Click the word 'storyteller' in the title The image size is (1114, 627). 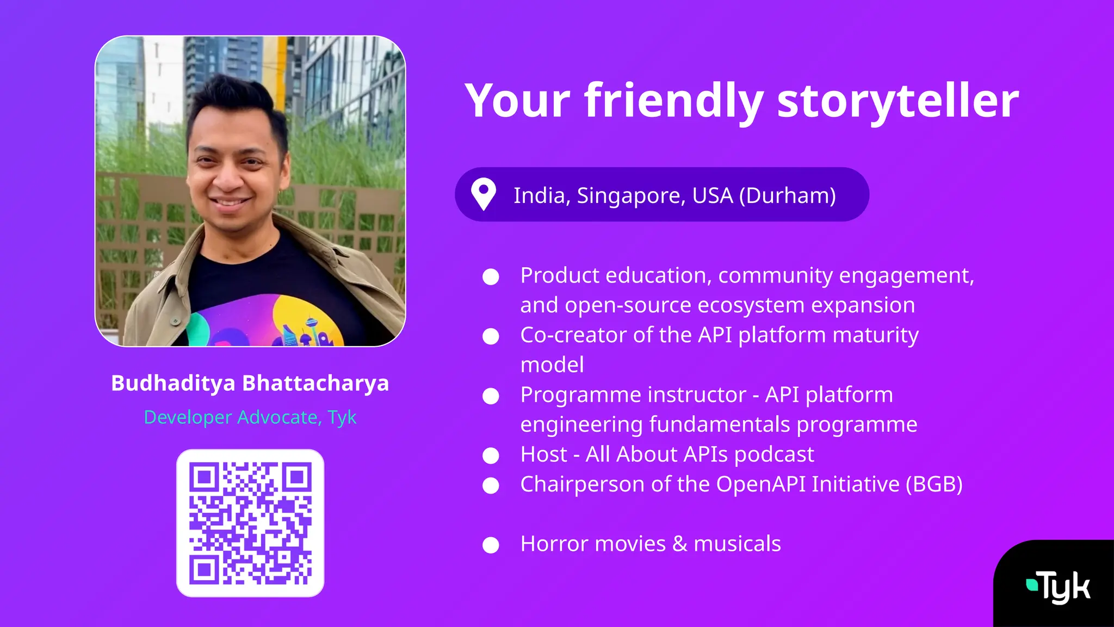(898, 101)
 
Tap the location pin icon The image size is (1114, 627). (483, 194)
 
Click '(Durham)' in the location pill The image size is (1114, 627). (787, 195)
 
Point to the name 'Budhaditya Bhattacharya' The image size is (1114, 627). (250, 383)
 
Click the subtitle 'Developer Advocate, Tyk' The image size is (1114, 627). (250, 417)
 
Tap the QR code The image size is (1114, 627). (250, 523)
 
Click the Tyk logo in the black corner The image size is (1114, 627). (1058, 587)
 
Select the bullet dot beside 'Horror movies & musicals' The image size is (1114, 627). (491, 545)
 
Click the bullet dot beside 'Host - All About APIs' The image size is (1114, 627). (491, 456)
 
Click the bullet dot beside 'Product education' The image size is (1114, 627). (491, 276)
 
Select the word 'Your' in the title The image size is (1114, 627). (517, 101)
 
